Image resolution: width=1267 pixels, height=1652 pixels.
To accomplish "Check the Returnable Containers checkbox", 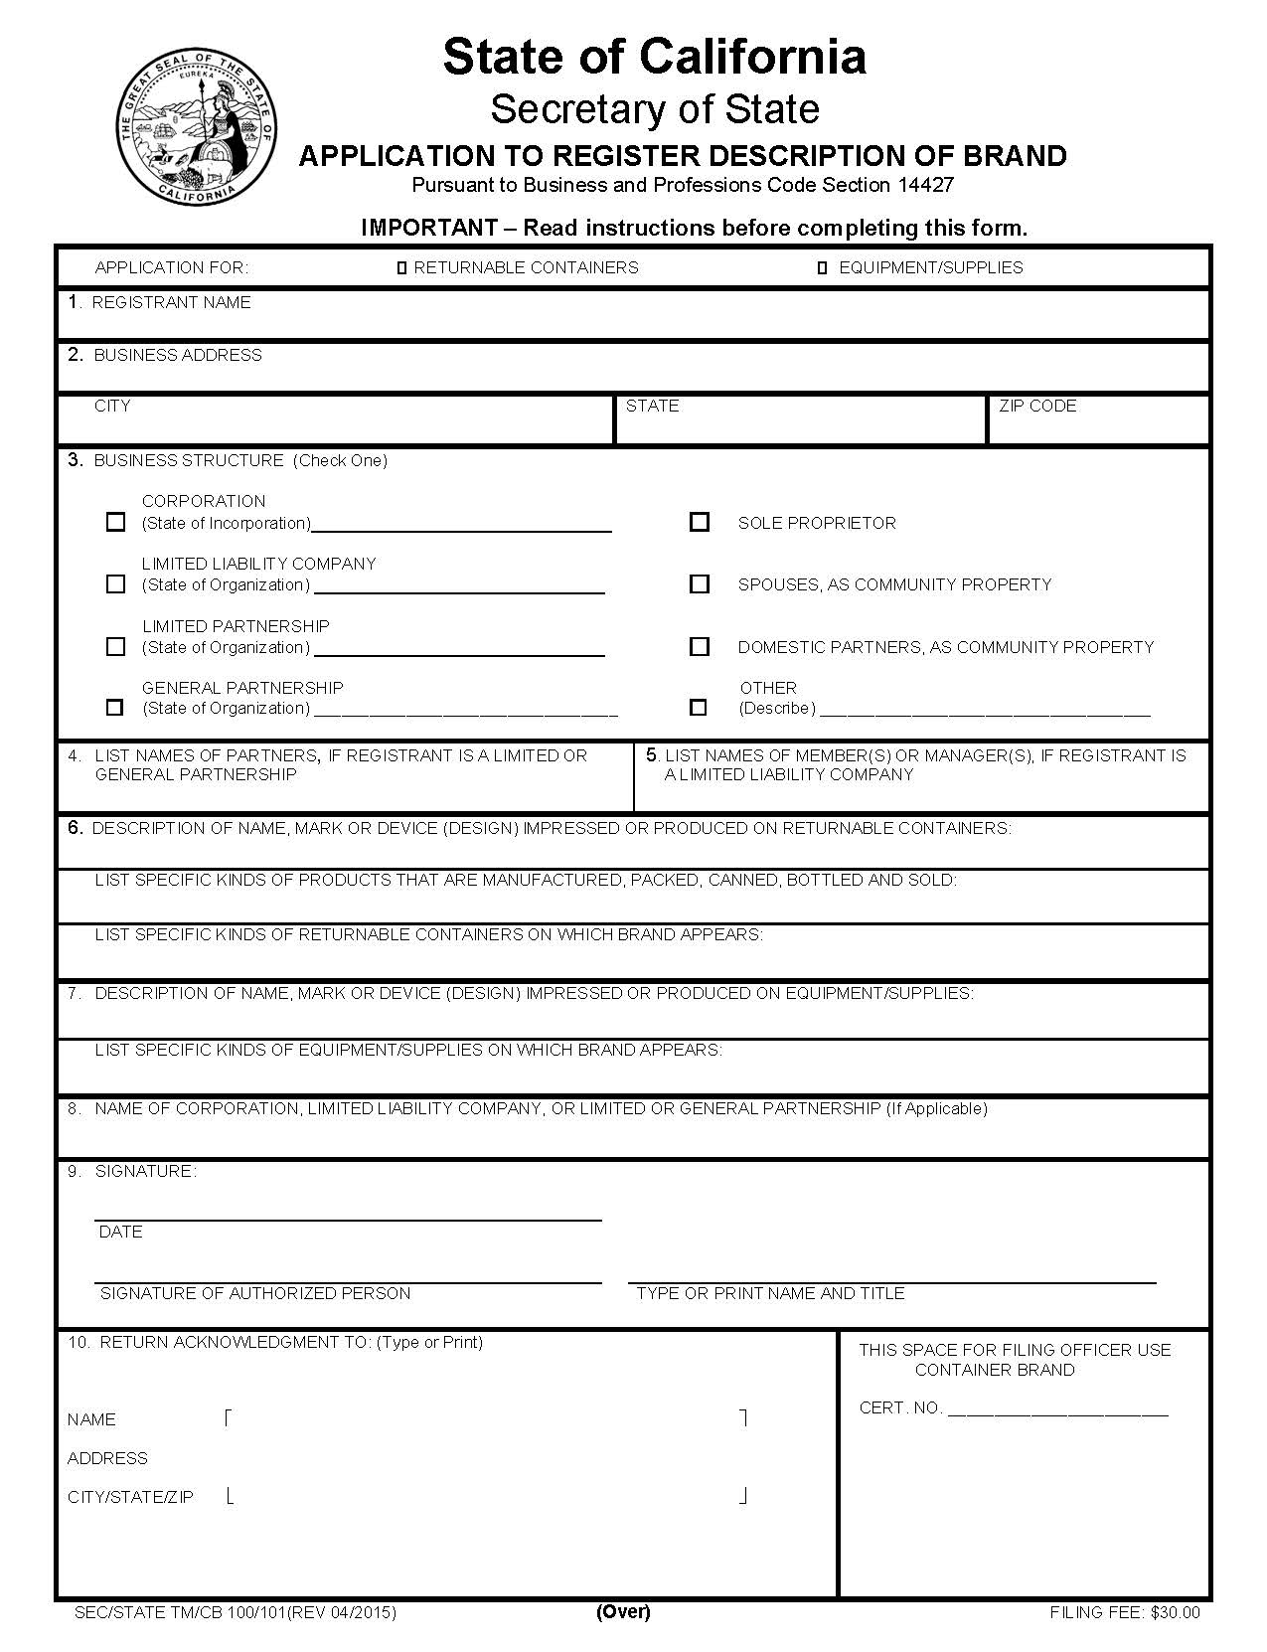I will pyautogui.click(x=402, y=268).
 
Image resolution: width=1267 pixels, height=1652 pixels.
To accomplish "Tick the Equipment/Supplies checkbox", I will pyautogui.click(x=822, y=268).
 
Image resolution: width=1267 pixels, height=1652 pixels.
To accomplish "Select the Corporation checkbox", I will pyautogui.click(x=115, y=522).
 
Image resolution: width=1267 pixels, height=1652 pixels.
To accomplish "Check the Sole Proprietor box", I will pyautogui.click(x=700, y=522).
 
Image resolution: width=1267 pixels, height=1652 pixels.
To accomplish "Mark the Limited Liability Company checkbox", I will pyautogui.click(x=115, y=584).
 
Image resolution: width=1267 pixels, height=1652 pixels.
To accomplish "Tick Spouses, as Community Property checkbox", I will pyautogui.click(x=700, y=584).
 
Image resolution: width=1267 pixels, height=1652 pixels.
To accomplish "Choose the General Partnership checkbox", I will pyautogui.click(x=115, y=708).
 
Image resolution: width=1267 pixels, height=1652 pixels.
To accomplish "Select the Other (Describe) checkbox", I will pyautogui.click(x=699, y=708).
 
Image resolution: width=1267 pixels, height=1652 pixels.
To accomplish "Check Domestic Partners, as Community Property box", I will pyautogui.click(x=700, y=647).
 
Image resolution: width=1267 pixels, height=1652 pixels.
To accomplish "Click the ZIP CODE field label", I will pyautogui.click(x=1037, y=406).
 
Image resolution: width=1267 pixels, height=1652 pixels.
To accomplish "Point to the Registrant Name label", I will pyautogui.click(x=171, y=302).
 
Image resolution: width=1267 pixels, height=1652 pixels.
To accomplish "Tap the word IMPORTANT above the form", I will pyautogui.click(x=428, y=228).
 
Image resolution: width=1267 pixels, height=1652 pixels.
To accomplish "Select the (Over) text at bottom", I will pyautogui.click(x=623, y=1611).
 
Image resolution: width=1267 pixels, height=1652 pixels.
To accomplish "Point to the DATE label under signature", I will pyautogui.click(x=120, y=1232).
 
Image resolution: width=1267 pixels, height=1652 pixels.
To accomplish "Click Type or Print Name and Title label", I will pyautogui.click(x=770, y=1293).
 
